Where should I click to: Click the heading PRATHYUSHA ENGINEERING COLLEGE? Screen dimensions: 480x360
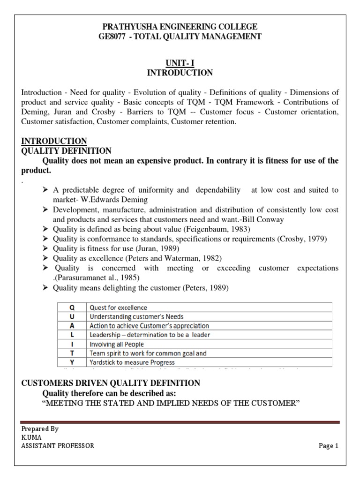click(180, 27)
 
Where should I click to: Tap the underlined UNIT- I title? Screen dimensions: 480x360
click(180, 62)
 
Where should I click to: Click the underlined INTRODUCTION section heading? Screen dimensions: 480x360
click(54, 141)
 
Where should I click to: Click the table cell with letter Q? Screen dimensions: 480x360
click(72, 308)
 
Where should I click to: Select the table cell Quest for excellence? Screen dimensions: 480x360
click(118, 308)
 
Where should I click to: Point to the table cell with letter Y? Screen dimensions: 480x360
click(72, 362)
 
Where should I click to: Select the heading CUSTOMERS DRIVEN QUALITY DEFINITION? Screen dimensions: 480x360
click(111, 383)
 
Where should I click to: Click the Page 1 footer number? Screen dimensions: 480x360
click(328, 446)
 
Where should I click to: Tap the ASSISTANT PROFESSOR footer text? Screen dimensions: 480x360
click(58, 446)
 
